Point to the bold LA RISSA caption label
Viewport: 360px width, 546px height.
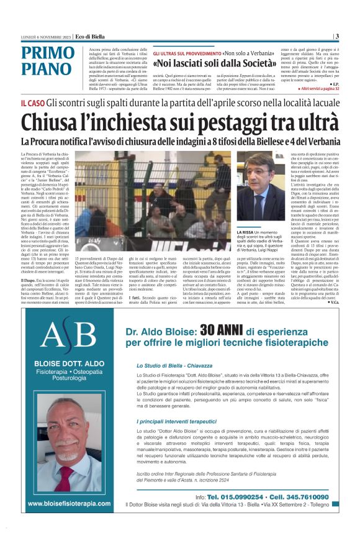[x=250, y=232]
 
